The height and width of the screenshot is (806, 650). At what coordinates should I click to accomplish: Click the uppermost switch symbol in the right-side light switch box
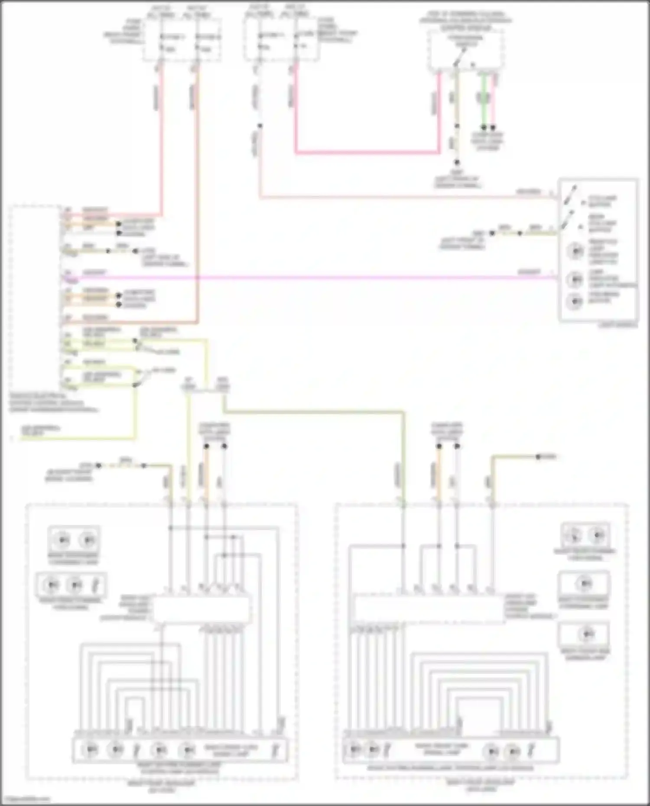(570, 195)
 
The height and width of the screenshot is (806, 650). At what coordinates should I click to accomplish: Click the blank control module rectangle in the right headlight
(429, 609)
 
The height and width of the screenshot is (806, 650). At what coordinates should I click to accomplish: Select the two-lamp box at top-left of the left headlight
(74, 540)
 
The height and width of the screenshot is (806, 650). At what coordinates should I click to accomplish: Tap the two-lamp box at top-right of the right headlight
(585, 535)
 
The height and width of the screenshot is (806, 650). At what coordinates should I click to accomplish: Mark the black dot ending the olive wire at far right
(538, 456)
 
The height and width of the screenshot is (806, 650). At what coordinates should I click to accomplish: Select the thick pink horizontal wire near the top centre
(368, 152)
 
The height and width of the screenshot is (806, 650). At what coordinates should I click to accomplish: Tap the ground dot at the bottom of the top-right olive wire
(457, 163)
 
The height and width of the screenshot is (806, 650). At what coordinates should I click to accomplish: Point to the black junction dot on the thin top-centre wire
(260, 126)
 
